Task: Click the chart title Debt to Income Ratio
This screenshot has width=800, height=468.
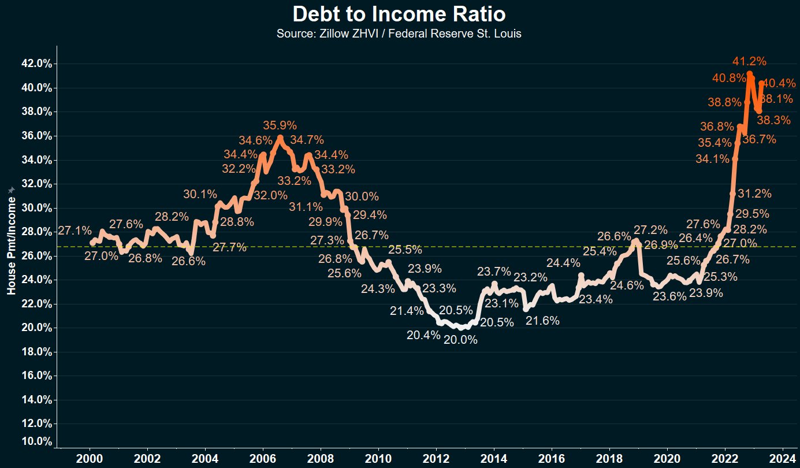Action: [x=399, y=14]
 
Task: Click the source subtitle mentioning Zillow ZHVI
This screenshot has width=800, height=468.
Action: [x=399, y=34]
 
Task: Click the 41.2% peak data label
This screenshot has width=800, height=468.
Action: [x=749, y=61]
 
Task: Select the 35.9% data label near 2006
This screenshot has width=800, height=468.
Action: [x=280, y=125]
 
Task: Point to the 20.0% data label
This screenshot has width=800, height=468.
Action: [x=460, y=340]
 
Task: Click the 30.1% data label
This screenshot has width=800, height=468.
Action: [x=200, y=194]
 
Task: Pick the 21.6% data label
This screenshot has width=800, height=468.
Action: [x=542, y=321]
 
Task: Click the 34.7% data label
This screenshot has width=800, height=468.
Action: [x=307, y=140]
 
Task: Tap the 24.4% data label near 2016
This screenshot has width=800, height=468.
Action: [x=563, y=263]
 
